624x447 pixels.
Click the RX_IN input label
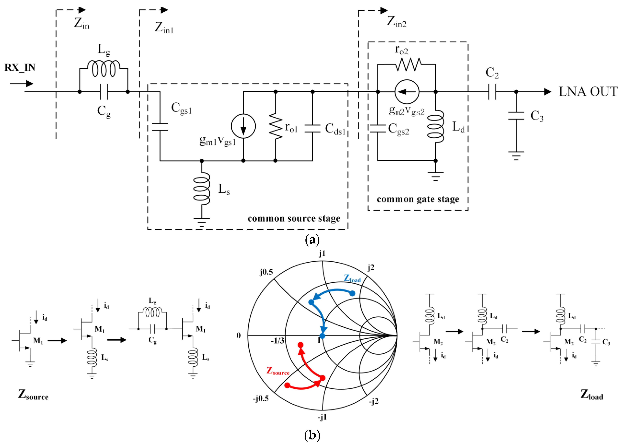tap(20, 67)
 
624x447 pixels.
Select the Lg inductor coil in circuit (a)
tap(104, 69)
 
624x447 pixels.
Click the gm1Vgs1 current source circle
tap(243, 126)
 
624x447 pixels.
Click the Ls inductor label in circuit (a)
tap(224, 189)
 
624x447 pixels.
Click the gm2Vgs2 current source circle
tap(407, 92)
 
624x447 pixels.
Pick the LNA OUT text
tap(588, 92)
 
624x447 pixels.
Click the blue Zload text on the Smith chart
tap(352, 278)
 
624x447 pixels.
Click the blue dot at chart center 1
tap(322, 336)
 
